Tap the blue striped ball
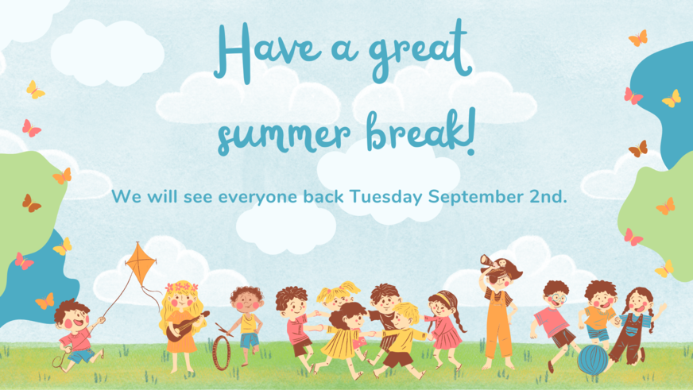click(x=593, y=360)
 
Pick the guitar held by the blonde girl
click(x=187, y=326)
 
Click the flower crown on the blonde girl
click(x=182, y=287)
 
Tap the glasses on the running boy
click(x=556, y=299)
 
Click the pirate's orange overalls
click(x=498, y=326)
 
